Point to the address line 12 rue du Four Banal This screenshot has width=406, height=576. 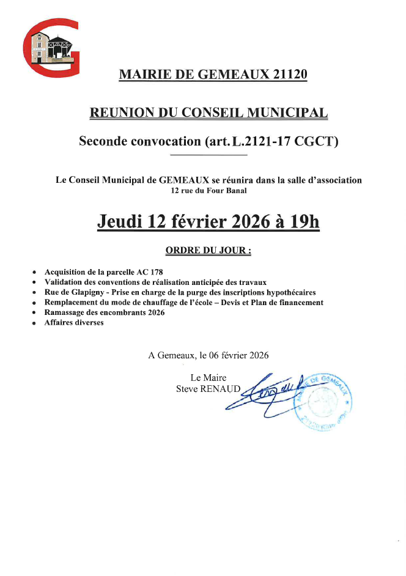(209, 191)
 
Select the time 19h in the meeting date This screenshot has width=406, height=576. (305, 221)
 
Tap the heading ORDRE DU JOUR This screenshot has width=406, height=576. (208, 251)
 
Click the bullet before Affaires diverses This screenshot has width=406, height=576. (34, 323)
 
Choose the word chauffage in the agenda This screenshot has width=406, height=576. (158, 303)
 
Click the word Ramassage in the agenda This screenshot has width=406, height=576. (65, 312)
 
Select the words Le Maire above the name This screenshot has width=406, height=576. (208, 378)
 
